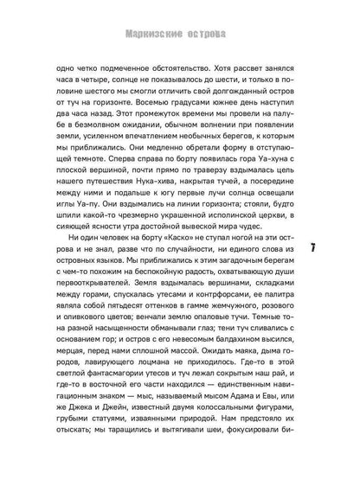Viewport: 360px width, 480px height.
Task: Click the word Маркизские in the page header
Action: (x=146, y=13)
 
